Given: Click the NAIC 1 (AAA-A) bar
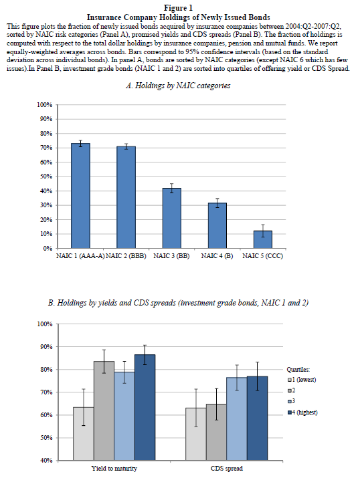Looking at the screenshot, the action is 80,196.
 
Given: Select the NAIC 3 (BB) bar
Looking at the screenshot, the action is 172,218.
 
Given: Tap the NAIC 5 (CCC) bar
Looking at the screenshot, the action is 263,239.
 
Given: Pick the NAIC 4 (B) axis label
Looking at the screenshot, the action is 217,256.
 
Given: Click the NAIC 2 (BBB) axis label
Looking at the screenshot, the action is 126,256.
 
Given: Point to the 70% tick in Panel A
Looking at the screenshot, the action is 46,148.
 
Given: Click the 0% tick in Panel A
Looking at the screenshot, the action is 48,249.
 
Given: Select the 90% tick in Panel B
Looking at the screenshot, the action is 46,347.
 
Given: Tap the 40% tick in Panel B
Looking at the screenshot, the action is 46,461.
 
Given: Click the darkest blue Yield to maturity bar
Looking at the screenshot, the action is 145,407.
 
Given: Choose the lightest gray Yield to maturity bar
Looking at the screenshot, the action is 83,434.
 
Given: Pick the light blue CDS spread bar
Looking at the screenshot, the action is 237,419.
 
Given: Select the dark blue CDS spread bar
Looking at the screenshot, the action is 258,419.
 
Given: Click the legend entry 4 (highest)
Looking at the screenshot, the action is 302,412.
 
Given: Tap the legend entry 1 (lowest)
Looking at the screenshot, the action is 302,380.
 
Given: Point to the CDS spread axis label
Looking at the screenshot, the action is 227,469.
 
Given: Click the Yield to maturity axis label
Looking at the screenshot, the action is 114,469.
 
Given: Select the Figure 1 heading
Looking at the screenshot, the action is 179,8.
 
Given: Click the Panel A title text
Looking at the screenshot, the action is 178,86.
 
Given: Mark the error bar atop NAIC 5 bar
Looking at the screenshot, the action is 263,231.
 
